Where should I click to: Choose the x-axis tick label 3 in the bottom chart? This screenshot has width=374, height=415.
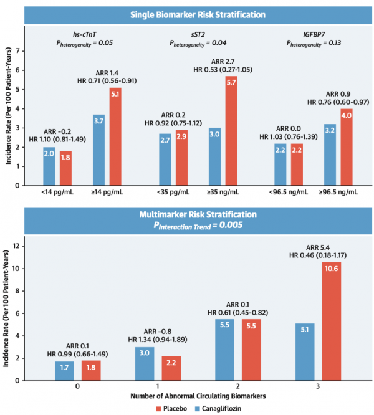[318, 385]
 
